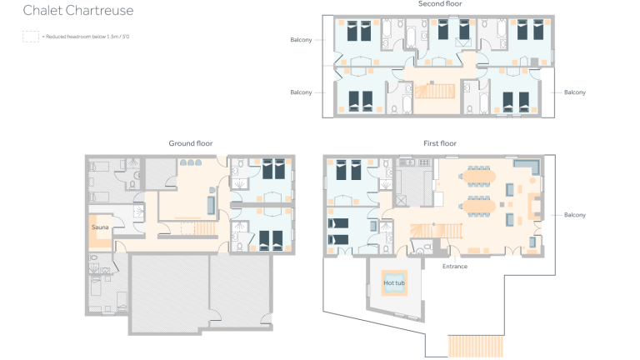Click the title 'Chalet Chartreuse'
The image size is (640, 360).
(x=77, y=11)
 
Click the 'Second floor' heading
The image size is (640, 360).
(x=439, y=4)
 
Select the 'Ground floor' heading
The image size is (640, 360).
(x=190, y=143)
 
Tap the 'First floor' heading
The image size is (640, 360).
(x=439, y=143)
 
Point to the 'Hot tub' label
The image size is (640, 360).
(x=393, y=283)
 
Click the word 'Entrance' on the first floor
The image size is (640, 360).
(x=455, y=267)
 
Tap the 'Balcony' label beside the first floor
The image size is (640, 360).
(x=574, y=215)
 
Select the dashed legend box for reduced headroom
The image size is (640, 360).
(x=30, y=37)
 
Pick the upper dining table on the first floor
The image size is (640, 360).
(x=482, y=177)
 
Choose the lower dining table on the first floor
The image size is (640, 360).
(x=482, y=206)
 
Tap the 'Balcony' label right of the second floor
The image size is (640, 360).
(x=575, y=92)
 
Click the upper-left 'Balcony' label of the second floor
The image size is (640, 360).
(x=301, y=40)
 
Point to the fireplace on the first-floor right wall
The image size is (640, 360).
(x=533, y=205)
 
